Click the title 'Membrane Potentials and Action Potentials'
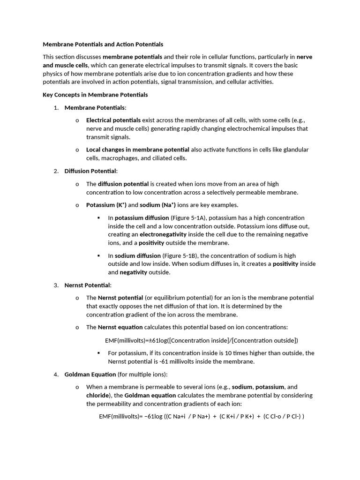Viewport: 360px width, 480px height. coord(103,45)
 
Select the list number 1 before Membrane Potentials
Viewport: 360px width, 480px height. coord(56,108)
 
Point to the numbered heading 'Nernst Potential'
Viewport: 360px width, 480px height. coord(88,285)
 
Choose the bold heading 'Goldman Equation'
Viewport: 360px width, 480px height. coord(90,375)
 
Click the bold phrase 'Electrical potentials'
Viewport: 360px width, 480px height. coord(113,120)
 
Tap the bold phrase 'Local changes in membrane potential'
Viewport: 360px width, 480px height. coord(138,150)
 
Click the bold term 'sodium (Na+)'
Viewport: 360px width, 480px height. coord(157,205)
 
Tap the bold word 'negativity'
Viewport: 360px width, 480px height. coord(134,272)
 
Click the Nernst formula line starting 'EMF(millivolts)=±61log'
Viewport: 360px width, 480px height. coord(202,340)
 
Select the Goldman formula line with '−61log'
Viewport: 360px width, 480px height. coord(202,416)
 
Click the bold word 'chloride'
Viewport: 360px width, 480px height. coord(97,395)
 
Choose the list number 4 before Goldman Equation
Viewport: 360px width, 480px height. coord(56,375)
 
